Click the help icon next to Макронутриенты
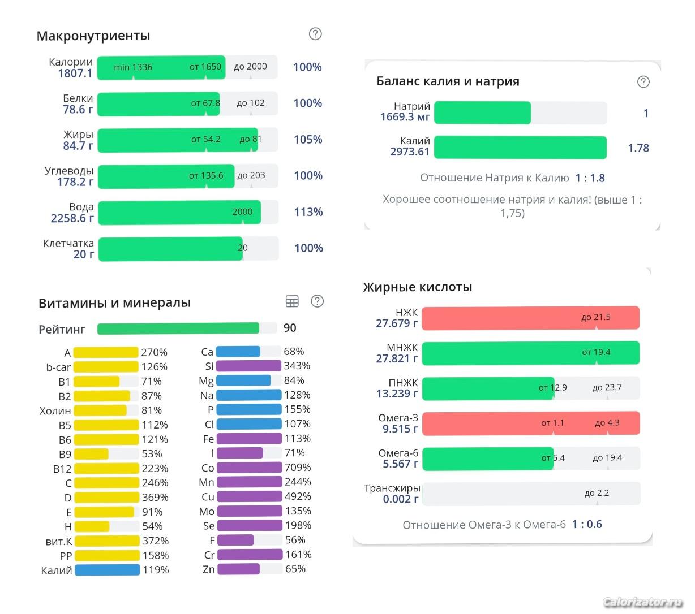pyautogui.click(x=315, y=34)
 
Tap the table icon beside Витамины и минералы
pyautogui.click(x=292, y=301)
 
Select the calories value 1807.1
pyautogui.click(x=75, y=73)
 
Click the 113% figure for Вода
pyautogui.click(x=308, y=212)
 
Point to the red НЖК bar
pyautogui.click(x=530, y=318)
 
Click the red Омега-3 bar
pyautogui.click(x=530, y=423)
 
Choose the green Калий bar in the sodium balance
pyautogui.click(x=520, y=148)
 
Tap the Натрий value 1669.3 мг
pyautogui.click(x=405, y=117)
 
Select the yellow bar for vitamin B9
pyautogui.click(x=91, y=454)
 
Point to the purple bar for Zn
pyautogui.click(x=238, y=569)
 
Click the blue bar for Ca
pyautogui.click(x=238, y=352)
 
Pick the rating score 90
pyautogui.click(x=290, y=328)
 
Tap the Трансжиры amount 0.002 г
pyautogui.click(x=401, y=499)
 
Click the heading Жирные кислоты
pyautogui.click(x=418, y=287)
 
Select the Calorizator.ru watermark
pyautogui.click(x=643, y=602)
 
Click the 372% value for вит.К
pyautogui.click(x=156, y=541)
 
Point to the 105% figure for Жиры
pyautogui.click(x=308, y=140)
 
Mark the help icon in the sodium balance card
pyautogui.click(x=643, y=81)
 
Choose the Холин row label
pyautogui.click(x=55, y=411)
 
